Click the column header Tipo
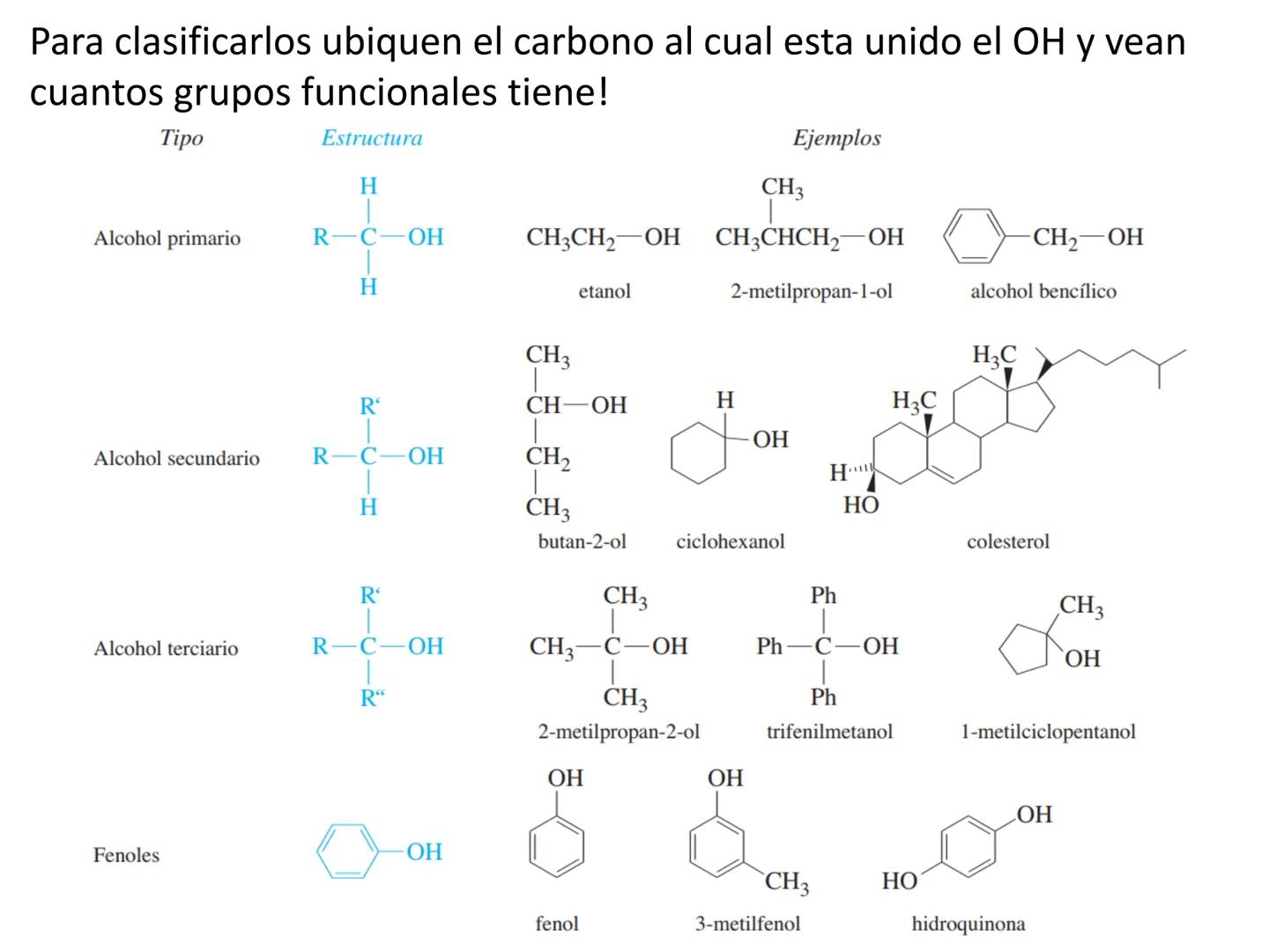click(x=182, y=138)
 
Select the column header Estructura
click(x=371, y=138)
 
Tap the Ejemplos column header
click(x=836, y=138)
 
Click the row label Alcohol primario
click(x=167, y=238)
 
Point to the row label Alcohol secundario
click(x=176, y=458)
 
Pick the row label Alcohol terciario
click(x=166, y=649)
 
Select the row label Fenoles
click(x=126, y=855)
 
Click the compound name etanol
click(x=605, y=291)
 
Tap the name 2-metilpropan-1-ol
click(x=811, y=291)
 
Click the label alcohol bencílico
click(x=1043, y=291)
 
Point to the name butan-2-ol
click(x=582, y=542)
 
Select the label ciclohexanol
click(x=730, y=542)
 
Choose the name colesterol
click(x=1007, y=542)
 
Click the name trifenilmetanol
click(x=829, y=732)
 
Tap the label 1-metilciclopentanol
click(x=1048, y=732)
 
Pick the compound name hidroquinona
click(x=968, y=925)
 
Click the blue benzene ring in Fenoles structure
click(x=347, y=851)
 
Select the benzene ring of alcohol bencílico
click(x=974, y=237)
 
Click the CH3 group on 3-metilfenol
click(x=786, y=881)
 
